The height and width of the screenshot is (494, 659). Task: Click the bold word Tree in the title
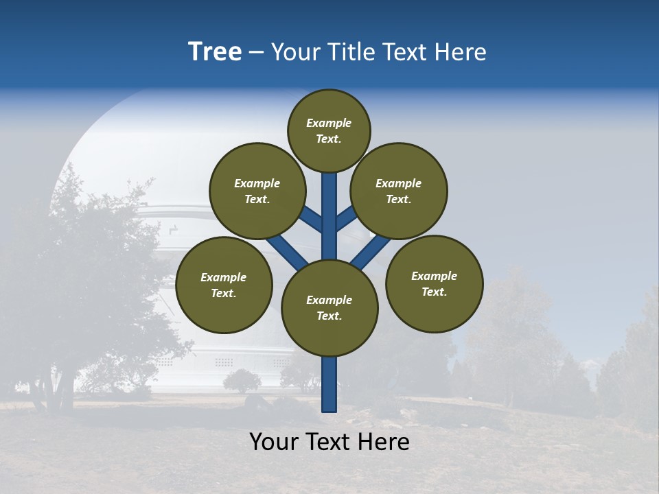point(215,52)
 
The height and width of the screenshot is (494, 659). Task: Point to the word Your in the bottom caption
point(275,442)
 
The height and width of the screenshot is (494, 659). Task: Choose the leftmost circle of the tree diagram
point(224,285)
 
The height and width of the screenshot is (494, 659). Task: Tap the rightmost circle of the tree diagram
point(434,283)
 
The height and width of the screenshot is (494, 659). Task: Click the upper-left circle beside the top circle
point(257,191)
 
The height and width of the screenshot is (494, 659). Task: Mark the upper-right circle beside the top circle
point(399,191)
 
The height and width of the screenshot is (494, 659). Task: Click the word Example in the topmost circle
point(329,123)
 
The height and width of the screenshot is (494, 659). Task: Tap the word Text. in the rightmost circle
point(434,292)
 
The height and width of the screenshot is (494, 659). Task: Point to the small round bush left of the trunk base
point(242,380)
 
